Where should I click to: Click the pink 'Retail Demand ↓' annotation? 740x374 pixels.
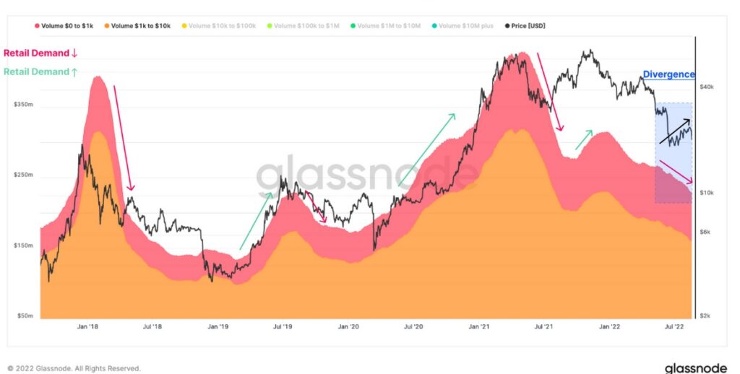point(40,53)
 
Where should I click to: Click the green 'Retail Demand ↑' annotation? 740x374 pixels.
point(40,71)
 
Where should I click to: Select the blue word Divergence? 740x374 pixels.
point(668,74)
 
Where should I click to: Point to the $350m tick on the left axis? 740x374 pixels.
point(24,105)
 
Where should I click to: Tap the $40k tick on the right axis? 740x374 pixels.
point(707,86)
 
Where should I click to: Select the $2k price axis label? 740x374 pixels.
point(705,316)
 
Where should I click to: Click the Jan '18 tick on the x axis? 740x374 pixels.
point(87,326)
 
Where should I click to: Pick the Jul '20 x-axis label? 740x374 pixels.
point(413,326)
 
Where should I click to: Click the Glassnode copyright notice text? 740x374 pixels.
point(74,368)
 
